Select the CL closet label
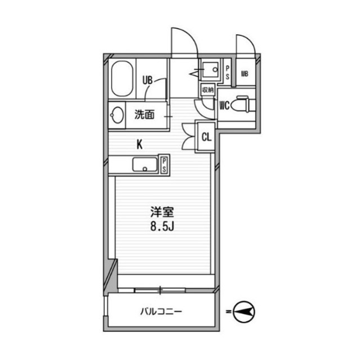tap(206, 136)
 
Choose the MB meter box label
tap(245, 73)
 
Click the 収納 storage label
tap(207, 90)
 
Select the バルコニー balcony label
tap(161, 311)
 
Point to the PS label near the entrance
tap(228, 72)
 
